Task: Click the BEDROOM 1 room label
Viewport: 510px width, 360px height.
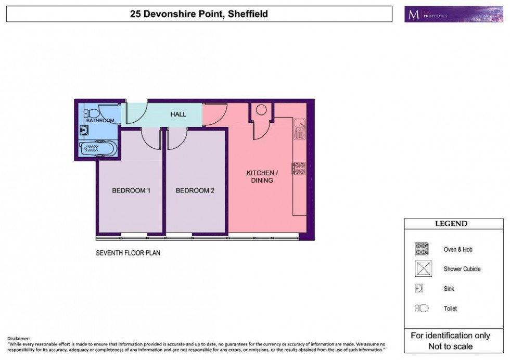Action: [x=131, y=190]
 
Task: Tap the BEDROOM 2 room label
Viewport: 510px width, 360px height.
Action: [x=195, y=190]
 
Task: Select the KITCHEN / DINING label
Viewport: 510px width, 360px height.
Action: [x=262, y=176]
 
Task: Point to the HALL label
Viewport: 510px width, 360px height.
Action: [x=178, y=114]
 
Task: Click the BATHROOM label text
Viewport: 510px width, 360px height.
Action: [x=100, y=121]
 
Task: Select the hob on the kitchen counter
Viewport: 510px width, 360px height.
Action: [x=299, y=168]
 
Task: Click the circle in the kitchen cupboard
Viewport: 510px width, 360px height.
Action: [x=261, y=110]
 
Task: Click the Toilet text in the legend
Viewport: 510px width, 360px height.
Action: [x=450, y=308]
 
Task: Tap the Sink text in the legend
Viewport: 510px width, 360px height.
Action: [x=449, y=289]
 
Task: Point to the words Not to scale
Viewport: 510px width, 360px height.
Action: [x=450, y=346]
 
